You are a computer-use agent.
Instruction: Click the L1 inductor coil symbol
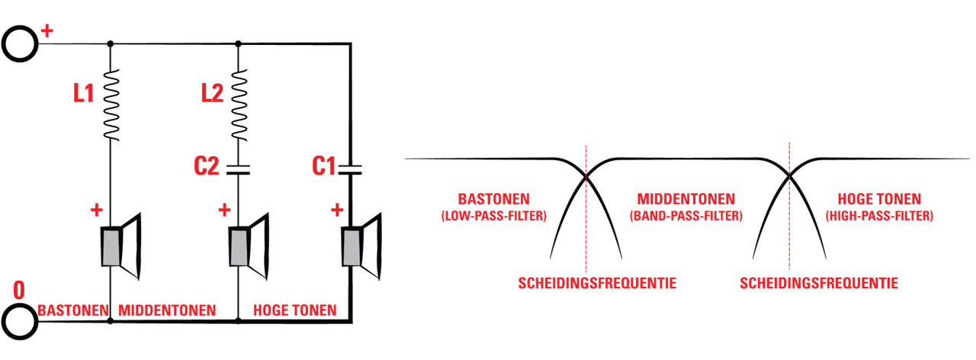point(111,104)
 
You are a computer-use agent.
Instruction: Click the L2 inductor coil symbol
point(239,104)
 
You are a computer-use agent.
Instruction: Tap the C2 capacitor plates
point(239,170)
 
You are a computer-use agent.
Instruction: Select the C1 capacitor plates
point(350,170)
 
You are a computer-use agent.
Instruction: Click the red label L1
point(84,93)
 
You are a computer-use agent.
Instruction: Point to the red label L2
point(212,93)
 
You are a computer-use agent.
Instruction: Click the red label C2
point(207,166)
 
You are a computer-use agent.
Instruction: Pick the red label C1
point(324,166)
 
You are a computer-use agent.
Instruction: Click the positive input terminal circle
point(20,43)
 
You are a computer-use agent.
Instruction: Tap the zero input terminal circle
point(20,322)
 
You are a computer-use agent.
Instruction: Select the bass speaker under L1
point(121,246)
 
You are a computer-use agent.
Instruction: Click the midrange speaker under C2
point(249,246)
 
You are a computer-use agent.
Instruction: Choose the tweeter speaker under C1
point(361,246)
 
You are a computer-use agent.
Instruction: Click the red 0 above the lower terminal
point(19,291)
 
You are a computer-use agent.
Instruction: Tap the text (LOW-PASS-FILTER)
point(493,216)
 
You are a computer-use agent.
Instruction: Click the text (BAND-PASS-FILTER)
point(685,216)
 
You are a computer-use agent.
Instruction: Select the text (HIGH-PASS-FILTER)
point(879,216)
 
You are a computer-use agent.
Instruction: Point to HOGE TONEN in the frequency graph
point(879,199)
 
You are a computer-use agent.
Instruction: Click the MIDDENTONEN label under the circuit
point(167,310)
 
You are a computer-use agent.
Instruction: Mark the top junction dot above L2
point(238,43)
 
